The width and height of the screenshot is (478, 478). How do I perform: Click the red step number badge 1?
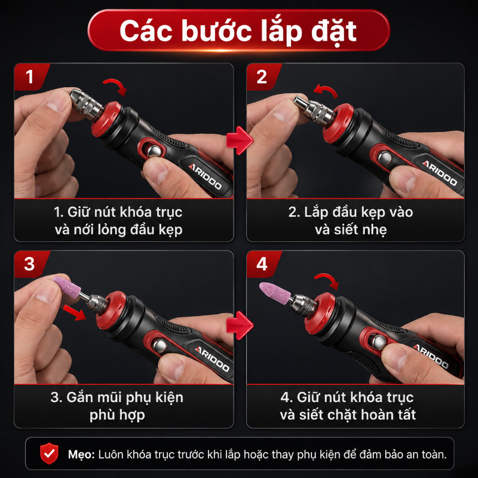tap(30, 76)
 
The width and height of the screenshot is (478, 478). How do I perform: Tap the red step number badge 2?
tap(262, 76)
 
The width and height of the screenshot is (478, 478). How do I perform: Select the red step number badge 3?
tap(30, 264)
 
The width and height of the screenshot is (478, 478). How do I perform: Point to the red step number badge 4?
tap(262, 264)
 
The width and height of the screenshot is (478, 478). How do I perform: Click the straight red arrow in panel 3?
tap(74, 312)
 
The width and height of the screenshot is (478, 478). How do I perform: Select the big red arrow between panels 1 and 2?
tap(240, 140)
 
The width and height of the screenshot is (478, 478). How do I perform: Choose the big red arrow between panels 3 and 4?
tap(240, 325)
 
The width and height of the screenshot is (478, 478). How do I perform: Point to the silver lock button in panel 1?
tap(154, 152)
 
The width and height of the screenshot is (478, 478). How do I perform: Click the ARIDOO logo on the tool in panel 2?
tap(440, 173)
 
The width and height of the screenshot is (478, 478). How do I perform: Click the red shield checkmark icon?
tap(49, 454)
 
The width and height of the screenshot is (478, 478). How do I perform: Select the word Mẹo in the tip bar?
tap(81, 455)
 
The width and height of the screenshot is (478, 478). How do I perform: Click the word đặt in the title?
tap(334, 32)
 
